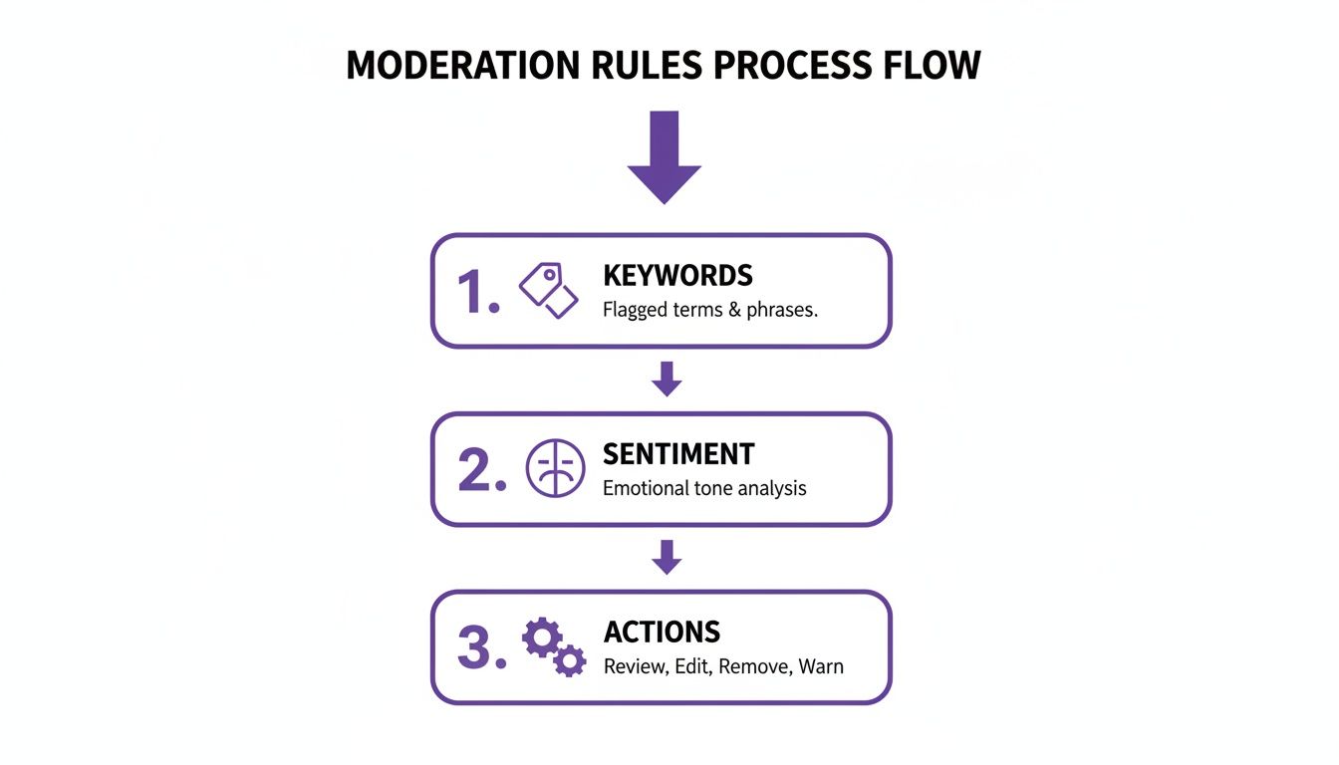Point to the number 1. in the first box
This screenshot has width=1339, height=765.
(x=477, y=293)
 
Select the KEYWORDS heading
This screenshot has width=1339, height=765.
(x=677, y=276)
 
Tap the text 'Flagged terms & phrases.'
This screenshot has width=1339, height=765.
(x=709, y=310)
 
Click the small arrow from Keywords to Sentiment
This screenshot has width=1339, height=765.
(x=667, y=380)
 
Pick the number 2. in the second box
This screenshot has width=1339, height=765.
(x=481, y=471)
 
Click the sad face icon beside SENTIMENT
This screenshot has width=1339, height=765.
(x=555, y=469)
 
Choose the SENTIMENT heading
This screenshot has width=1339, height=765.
(x=678, y=454)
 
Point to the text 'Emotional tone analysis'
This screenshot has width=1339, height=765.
(x=703, y=488)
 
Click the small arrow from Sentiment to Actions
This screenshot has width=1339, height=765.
(x=667, y=557)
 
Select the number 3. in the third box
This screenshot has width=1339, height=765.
(x=480, y=648)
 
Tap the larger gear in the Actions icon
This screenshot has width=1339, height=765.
(x=541, y=637)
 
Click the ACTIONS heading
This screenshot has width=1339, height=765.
(x=662, y=633)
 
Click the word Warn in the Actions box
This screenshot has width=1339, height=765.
(x=821, y=666)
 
